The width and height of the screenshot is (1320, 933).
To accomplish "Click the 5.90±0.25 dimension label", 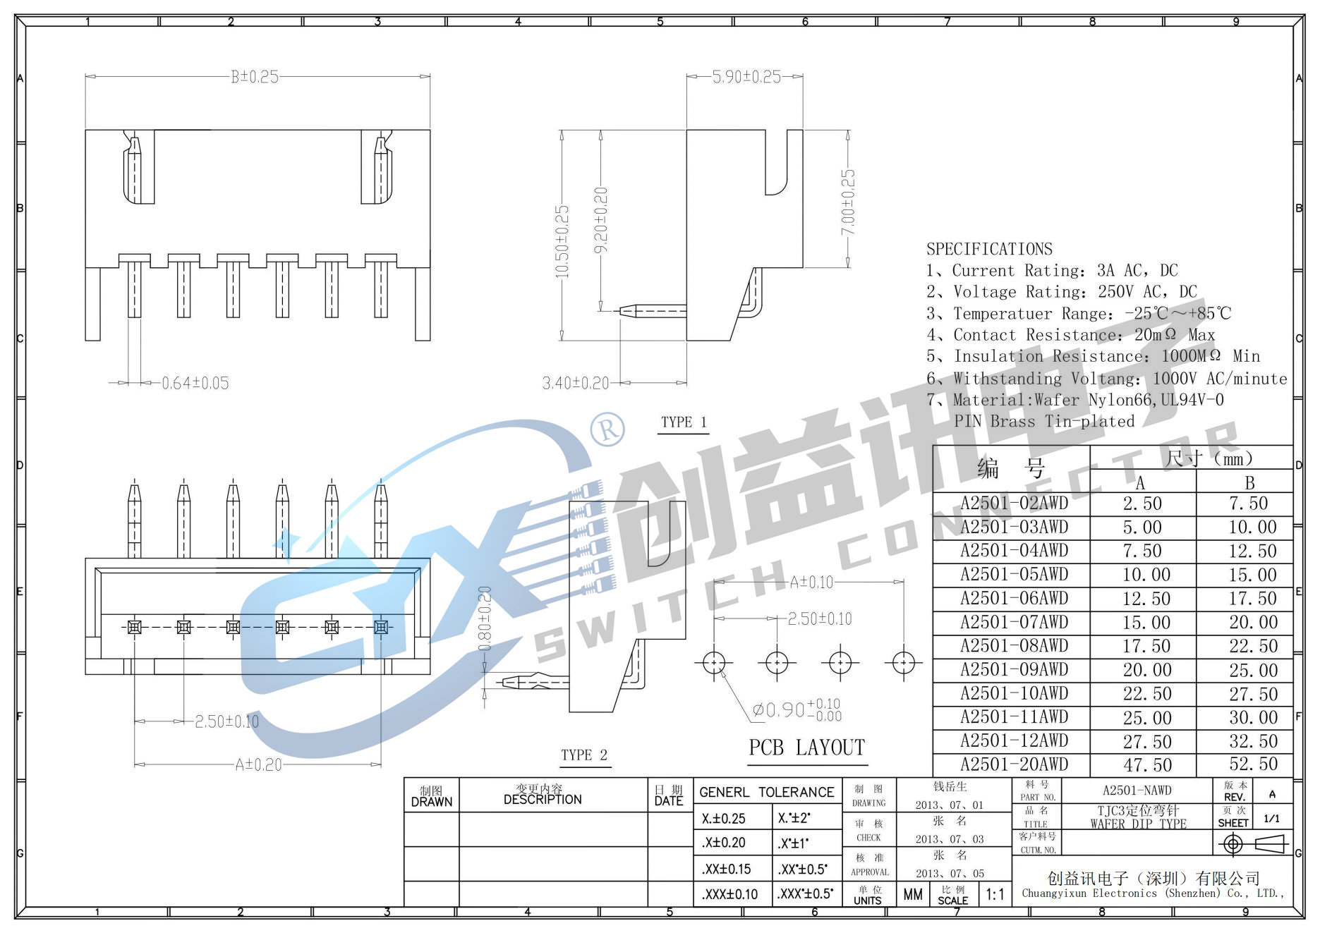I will coord(746,77).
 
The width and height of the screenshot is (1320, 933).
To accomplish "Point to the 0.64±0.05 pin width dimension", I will coord(195,383).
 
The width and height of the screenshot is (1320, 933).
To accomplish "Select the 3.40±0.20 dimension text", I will coord(575,383).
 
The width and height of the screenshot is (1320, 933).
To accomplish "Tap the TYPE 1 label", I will coord(683,422).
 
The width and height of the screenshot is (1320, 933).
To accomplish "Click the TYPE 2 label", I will coord(583,755).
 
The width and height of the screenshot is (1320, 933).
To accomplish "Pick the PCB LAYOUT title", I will coord(806,748).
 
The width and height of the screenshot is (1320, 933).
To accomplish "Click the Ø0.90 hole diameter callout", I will coord(796,709).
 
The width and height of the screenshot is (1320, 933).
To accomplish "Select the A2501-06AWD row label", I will coord(1013,598).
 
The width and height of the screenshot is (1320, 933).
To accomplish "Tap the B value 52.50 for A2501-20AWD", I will coord(1253,764).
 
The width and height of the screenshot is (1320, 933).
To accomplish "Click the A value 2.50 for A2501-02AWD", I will coord(1142,504).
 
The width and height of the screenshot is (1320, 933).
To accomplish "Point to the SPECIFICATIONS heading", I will coord(988,249).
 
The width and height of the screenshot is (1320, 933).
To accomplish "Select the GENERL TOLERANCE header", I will coord(766,792).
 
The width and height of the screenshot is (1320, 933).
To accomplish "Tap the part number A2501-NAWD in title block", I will coord(1137,791).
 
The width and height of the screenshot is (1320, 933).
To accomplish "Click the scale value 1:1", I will coord(995,894).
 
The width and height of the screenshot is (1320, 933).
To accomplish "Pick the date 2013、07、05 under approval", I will coord(950,874).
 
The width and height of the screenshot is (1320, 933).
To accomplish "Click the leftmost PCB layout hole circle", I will coord(714,663).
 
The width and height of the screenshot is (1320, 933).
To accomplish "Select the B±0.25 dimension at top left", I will coord(255,77).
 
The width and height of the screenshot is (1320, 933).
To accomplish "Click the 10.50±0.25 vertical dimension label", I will coord(562,241).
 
